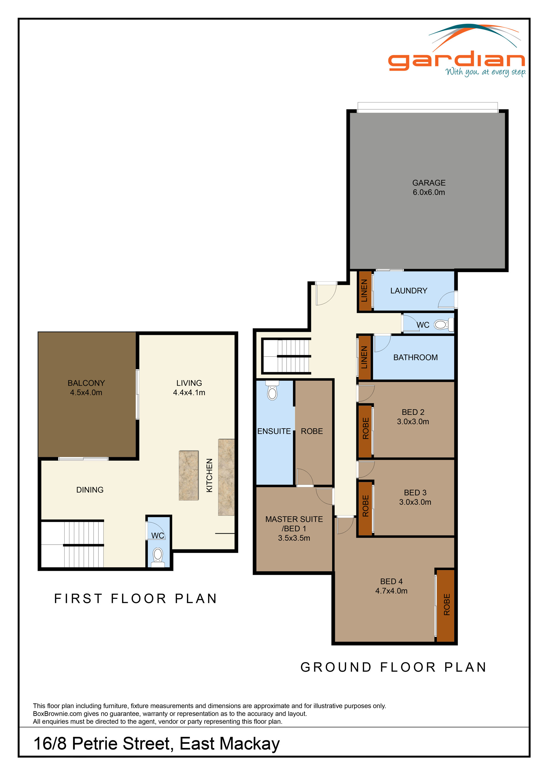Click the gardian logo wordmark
[x=456, y=61]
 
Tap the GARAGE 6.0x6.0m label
[x=429, y=188]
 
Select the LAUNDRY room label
[x=409, y=290]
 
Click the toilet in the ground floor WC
[x=440, y=325]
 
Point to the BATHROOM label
[x=415, y=357]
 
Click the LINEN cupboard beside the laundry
[x=364, y=290]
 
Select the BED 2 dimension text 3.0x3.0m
[x=413, y=421]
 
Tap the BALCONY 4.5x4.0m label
[x=86, y=388]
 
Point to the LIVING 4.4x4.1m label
[x=189, y=388]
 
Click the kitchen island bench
[x=189, y=475]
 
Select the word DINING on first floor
[x=90, y=490]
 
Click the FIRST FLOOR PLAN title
[x=136, y=599]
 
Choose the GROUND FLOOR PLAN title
[x=393, y=667]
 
